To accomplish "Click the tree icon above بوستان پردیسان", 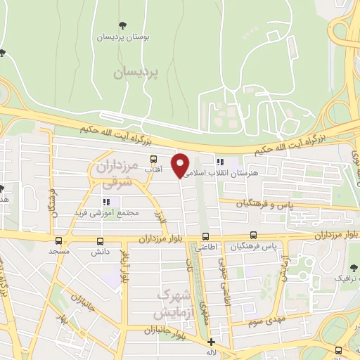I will [x=124, y=25].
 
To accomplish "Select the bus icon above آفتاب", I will [x=153, y=160].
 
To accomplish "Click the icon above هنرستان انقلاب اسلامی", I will [x=220, y=161].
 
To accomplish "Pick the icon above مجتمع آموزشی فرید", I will [x=106, y=202].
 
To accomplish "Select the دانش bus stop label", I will [x=97, y=251].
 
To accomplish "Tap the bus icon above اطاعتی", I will [x=206, y=237].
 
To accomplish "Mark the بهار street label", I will [x=63, y=320].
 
